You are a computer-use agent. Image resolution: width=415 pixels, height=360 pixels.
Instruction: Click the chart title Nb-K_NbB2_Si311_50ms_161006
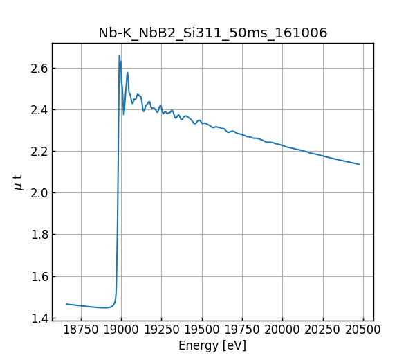[212, 33]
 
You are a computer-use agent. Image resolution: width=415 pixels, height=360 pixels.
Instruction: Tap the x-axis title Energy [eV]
[212, 345]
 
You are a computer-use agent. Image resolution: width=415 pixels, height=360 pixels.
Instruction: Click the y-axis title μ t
[19, 181]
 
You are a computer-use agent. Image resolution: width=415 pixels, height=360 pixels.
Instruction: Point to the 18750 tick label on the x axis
[81, 330]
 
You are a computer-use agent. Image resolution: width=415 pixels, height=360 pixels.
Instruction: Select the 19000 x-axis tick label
[122, 330]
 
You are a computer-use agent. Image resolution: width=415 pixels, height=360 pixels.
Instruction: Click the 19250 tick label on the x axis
[162, 330]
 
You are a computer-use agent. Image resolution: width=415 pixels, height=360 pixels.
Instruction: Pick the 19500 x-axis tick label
[202, 330]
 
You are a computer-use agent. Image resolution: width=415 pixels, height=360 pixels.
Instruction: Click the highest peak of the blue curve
[120, 56]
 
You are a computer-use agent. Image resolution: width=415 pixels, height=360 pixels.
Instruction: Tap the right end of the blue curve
[359, 164]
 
